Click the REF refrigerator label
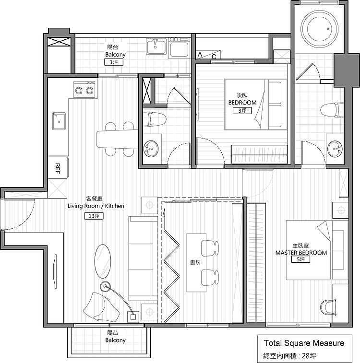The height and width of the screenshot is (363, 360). pos(58,168)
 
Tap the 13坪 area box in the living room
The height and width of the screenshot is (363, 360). pos(94,216)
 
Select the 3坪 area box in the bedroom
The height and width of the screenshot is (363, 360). pos(242,111)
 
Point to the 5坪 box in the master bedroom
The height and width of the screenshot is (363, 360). pos(300,259)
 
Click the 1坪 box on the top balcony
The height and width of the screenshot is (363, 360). pos(113,62)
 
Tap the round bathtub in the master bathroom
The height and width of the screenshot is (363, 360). pos(320,29)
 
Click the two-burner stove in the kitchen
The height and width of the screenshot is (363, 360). pos(84,89)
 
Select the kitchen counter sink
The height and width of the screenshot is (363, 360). pos(59,121)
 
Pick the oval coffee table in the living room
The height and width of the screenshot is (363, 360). pos(102,261)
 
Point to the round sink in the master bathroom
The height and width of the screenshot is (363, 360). pos(335,149)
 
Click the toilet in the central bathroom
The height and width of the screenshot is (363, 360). pos(155,119)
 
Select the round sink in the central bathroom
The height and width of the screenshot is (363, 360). pos(151,148)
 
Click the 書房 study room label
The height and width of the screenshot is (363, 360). pos(195,262)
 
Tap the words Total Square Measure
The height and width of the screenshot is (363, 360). pos(304,343)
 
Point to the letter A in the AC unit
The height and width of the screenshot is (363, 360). pos(200,54)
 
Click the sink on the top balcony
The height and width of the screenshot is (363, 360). pos(156,47)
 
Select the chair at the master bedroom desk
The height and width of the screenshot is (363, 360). pos(328,307)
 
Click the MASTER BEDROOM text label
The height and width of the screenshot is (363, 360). pos(301,253)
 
